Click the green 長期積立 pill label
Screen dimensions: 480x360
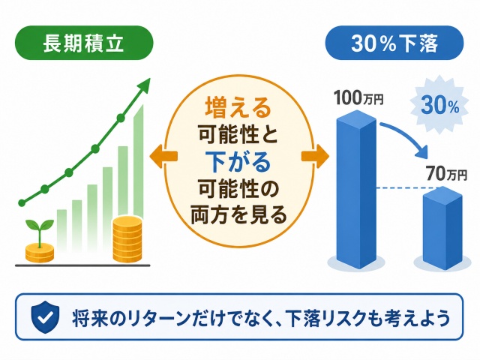coord(84,43)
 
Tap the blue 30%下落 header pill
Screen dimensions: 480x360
coord(394,43)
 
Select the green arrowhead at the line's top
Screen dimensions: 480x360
coord(144,84)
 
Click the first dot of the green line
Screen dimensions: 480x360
coord(22,202)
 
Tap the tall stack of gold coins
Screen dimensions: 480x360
coord(127,239)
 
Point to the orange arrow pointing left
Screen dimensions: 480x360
coord(163,156)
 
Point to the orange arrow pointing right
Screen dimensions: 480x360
coord(315,156)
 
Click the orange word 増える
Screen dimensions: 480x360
coord(238,107)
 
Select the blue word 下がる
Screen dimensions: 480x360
coord(238,161)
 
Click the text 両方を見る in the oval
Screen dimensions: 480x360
coord(238,215)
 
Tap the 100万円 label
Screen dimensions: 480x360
coord(358,97)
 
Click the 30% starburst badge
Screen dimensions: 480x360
coord(439,105)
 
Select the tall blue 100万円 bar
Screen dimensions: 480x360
coord(357,189)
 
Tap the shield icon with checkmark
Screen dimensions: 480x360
coord(45,316)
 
